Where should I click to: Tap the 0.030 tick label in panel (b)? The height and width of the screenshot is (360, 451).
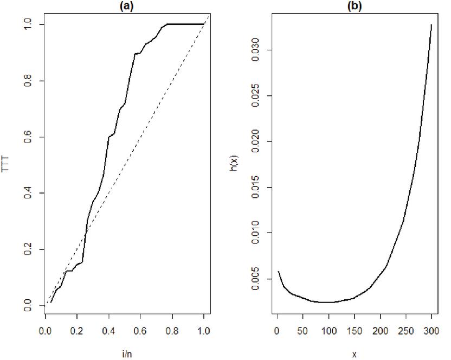coord(254,50)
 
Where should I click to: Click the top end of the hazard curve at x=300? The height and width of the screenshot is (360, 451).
coord(432,24)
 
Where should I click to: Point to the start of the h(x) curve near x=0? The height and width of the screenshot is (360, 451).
coord(278,271)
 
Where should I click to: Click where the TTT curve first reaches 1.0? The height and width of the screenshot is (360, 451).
coord(167,24)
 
